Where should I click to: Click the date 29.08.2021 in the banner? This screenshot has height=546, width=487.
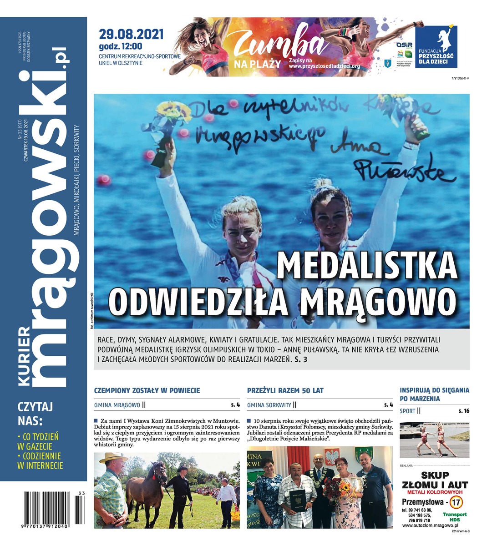click(131, 35)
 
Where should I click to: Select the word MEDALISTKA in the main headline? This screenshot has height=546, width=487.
click(367, 266)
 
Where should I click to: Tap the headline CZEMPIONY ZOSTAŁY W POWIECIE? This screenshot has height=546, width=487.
click(147, 390)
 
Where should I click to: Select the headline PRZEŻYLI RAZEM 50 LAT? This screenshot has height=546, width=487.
click(285, 390)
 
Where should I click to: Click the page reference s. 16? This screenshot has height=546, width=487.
click(464, 411)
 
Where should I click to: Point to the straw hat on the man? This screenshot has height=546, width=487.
click(113, 457)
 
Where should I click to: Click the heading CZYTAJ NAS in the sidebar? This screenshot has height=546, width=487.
click(36, 412)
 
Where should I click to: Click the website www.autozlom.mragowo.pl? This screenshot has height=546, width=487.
click(430, 525)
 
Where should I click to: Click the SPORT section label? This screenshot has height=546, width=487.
click(407, 411)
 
